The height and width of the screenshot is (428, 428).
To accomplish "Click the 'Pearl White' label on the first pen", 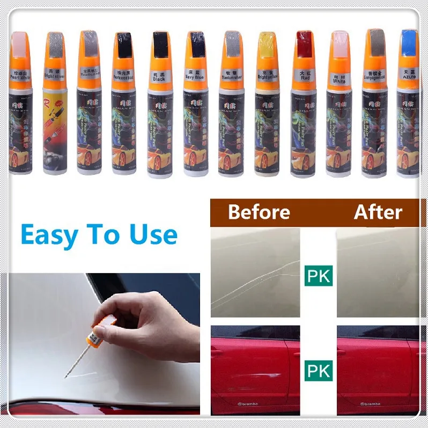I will click(21, 76).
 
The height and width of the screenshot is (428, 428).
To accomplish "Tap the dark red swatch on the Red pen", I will click(304, 43).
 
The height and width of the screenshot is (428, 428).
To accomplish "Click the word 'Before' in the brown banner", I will click(259, 212).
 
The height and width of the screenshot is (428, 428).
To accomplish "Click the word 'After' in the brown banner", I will click(378, 212).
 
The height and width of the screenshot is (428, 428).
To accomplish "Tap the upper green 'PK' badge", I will click(318, 276).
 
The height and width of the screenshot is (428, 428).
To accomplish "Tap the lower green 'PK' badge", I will click(318, 370).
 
